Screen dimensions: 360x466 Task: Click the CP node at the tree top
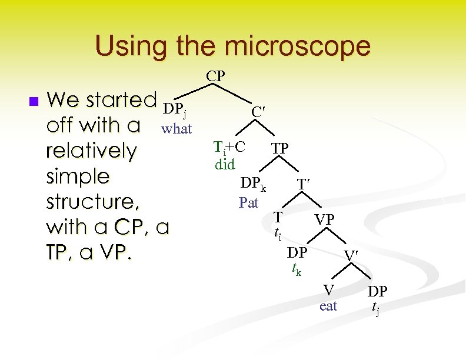click(215, 76)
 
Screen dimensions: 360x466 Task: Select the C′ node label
click(257, 111)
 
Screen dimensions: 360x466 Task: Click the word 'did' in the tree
click(225, 164)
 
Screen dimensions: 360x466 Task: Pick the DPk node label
click(252, 185)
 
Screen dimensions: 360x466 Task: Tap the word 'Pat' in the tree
click(249, 203)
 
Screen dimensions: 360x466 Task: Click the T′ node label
click(302, 185)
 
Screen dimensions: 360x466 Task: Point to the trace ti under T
click(278, 235)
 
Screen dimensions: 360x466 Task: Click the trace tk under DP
click(297, 270)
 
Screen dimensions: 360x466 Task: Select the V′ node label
click(351, 256)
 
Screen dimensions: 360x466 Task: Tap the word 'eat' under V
click(328, 306)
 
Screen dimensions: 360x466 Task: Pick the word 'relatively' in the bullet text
click(91, 151)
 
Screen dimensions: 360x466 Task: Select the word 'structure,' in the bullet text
click(92, 202)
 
